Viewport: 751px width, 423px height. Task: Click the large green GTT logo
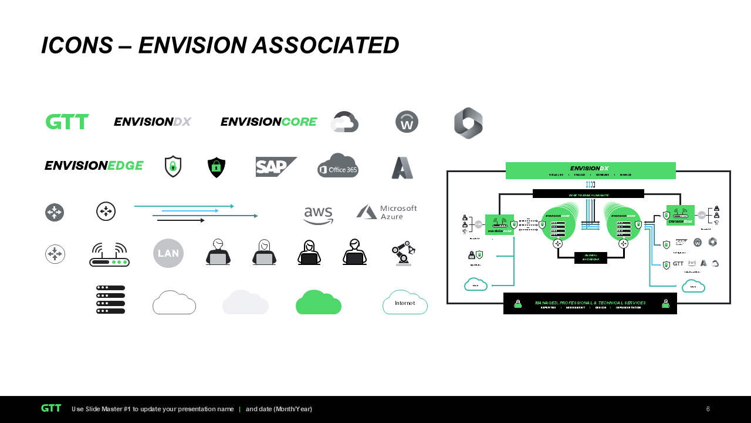[67, 122]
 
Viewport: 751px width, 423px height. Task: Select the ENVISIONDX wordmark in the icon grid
[153, 122]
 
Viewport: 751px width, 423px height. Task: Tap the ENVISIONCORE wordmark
[268, 122]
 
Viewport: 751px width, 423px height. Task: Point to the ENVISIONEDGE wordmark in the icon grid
[94, 166]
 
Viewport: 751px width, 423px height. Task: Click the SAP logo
[276, 167]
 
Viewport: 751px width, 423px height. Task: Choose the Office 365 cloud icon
[338, 166]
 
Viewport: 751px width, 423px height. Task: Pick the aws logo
[319, 215]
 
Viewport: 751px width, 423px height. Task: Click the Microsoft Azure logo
[387, 212]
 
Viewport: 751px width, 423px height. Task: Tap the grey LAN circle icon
[168, 253]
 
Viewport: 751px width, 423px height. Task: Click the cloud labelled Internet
[405, 303]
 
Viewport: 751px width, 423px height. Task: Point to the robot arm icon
[404, 253]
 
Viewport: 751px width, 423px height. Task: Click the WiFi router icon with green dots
[110, 254]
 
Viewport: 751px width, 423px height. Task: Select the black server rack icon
[110, 299]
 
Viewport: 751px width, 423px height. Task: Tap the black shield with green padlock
[216, 167]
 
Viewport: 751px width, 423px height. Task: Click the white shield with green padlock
[173, 166]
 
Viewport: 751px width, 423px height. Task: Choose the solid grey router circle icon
[55, 212]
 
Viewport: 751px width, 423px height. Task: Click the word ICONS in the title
[77, 45]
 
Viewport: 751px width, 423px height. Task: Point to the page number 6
[708, 409]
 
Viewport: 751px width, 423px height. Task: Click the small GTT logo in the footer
[51, 408]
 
